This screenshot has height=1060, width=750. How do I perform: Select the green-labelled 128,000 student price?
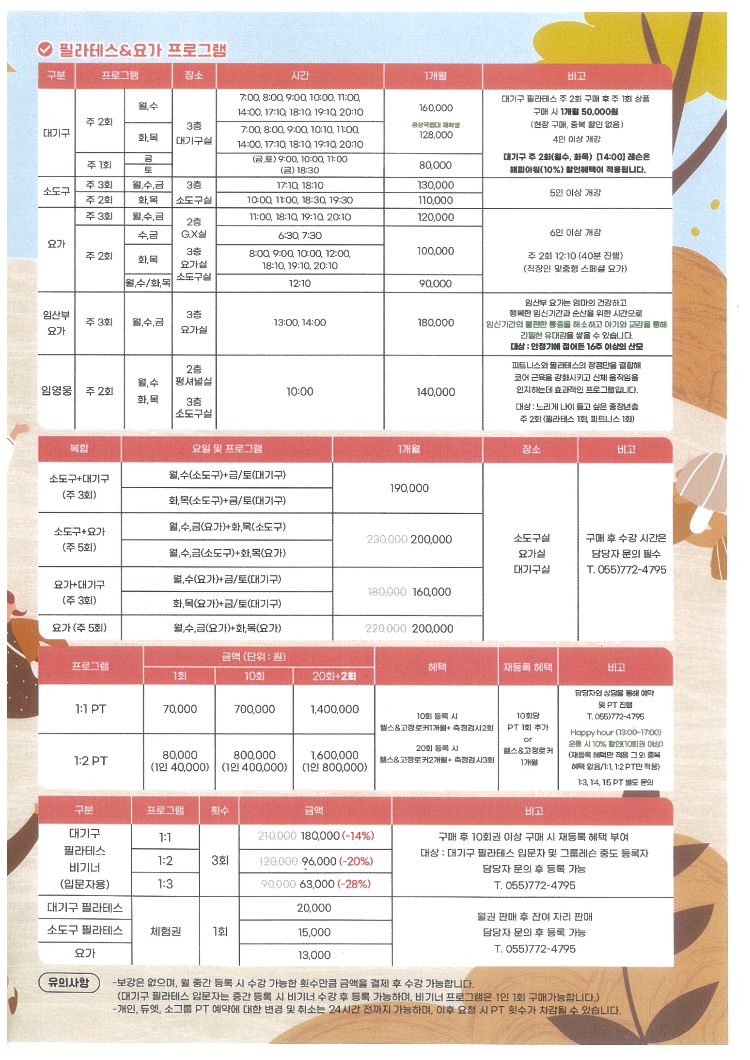click(x=435, y=135)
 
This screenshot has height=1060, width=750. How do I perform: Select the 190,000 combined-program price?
click(x=409, y=488)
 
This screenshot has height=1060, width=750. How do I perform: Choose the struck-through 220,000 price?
click(x=386, y=628)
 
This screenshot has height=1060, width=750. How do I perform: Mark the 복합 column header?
click(x=79, y=448)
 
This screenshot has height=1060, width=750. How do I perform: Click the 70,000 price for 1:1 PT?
click(x=180, y=709)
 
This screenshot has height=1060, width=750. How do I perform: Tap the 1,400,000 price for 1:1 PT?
click(x=335, y=709)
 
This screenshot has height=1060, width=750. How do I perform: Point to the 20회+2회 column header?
click(x=334, y=676)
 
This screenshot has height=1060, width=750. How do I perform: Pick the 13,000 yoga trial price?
click(x=314, y=955)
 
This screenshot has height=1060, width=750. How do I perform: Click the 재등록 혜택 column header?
click(x=527, y=667)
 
